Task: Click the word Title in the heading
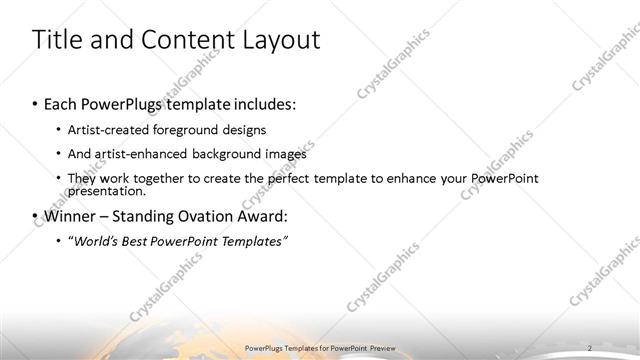point(58,41)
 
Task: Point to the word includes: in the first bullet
point(263,104)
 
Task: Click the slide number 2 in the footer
point(590,347)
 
